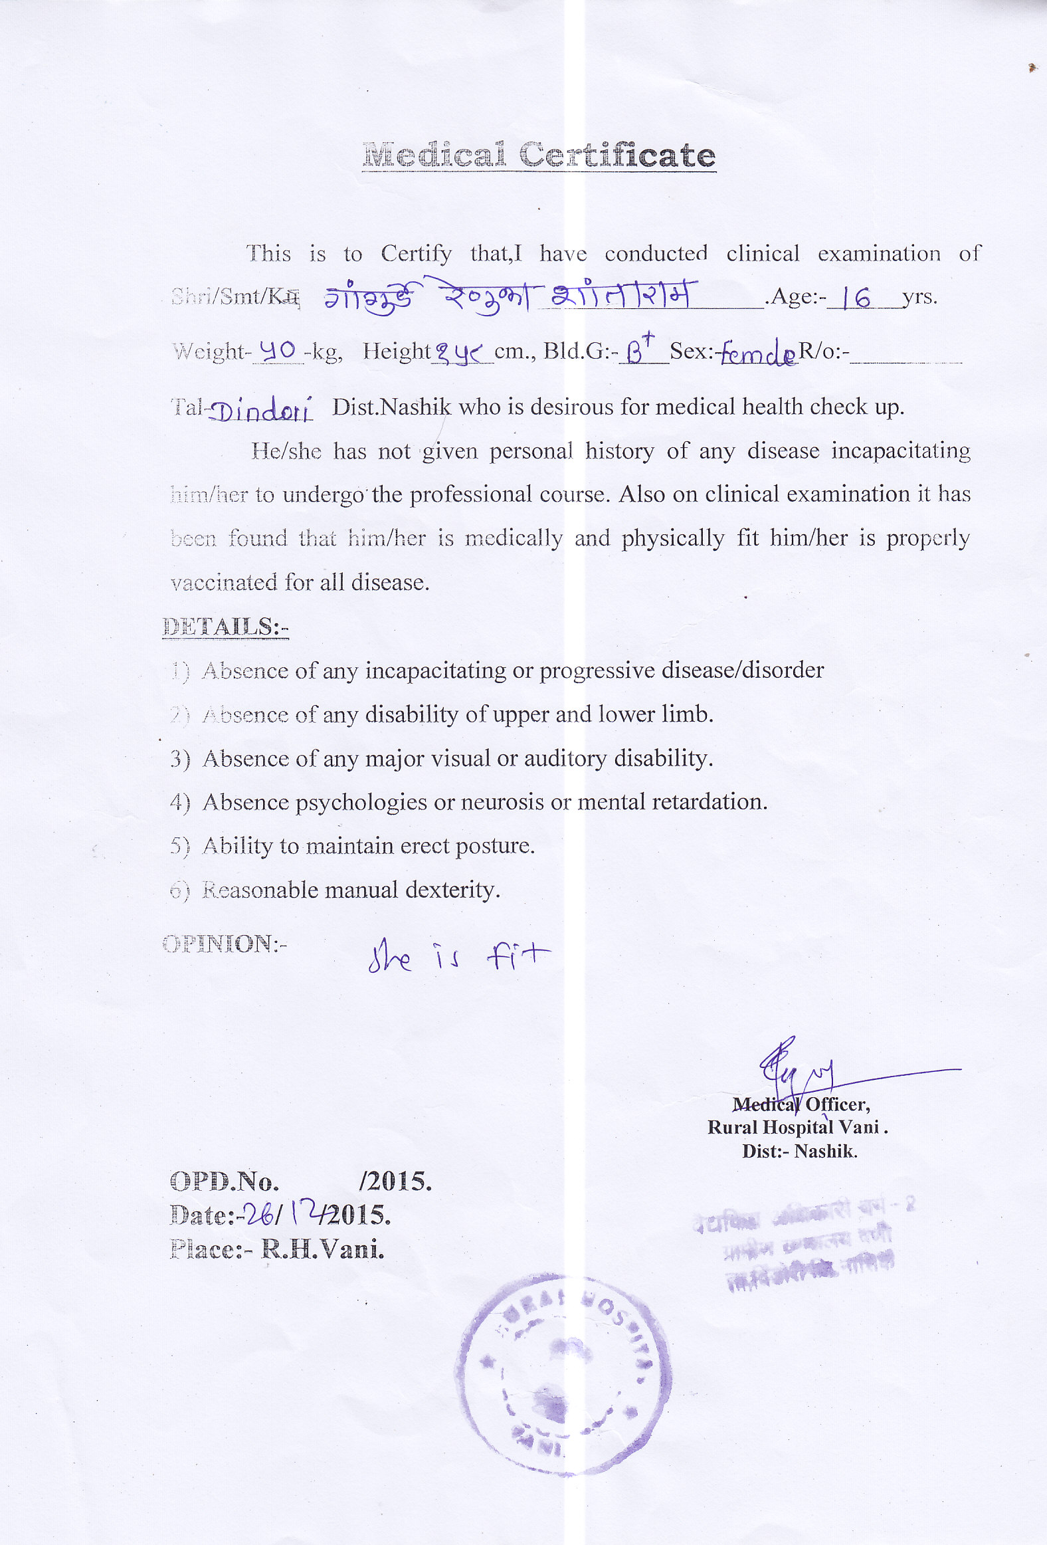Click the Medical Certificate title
coord(539,155)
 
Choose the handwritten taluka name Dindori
coord(260,411)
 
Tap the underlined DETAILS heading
coord(225,627)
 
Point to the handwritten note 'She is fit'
coord(458,958)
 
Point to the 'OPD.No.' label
coord(224,1182)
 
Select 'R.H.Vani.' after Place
coord(322,1250)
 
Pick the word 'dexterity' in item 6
coord(452,890)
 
